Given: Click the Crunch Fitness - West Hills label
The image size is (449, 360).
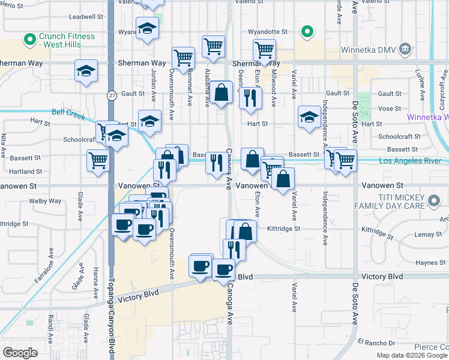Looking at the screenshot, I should click(67, 41).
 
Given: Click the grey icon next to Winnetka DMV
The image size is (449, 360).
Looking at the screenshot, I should click(405, 49).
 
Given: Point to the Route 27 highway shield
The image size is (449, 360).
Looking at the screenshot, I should click(112, 95).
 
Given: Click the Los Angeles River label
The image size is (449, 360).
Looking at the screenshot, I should click(415, 161).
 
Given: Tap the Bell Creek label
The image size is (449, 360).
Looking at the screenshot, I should click(67, 112).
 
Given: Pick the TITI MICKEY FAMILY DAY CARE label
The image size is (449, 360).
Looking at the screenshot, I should click(402, 202).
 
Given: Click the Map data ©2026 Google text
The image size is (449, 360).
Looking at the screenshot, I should click(412, 355).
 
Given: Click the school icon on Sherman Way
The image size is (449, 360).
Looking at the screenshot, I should click(86, 71).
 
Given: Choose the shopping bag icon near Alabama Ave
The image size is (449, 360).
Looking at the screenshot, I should click(221, 92).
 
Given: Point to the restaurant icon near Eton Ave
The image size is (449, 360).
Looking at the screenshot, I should click(250, 97).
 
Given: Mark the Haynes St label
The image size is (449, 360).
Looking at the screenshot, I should click(427, 262).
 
